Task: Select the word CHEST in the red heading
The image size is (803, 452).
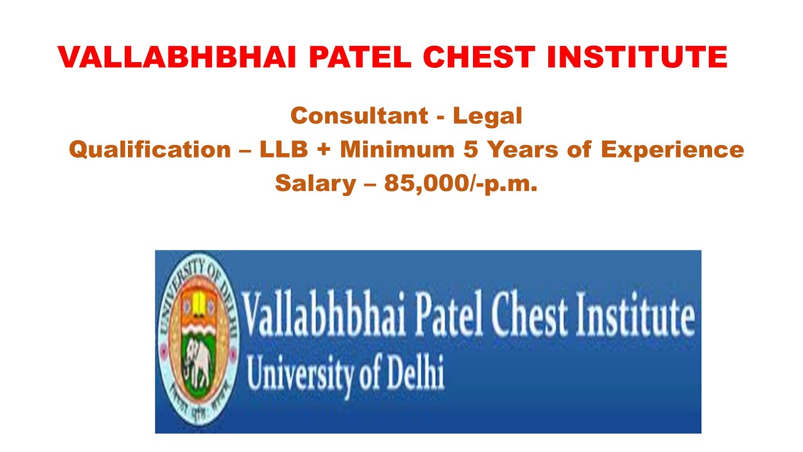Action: [479, 58]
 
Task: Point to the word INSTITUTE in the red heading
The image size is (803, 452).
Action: [637, 58]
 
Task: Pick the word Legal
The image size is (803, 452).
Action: [487, 116]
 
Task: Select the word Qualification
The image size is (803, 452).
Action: [150, 149]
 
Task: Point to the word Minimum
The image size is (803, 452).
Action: [398, 149]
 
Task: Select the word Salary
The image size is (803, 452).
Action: [307, 183]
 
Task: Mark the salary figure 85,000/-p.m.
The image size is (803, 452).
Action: [461, 183]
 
